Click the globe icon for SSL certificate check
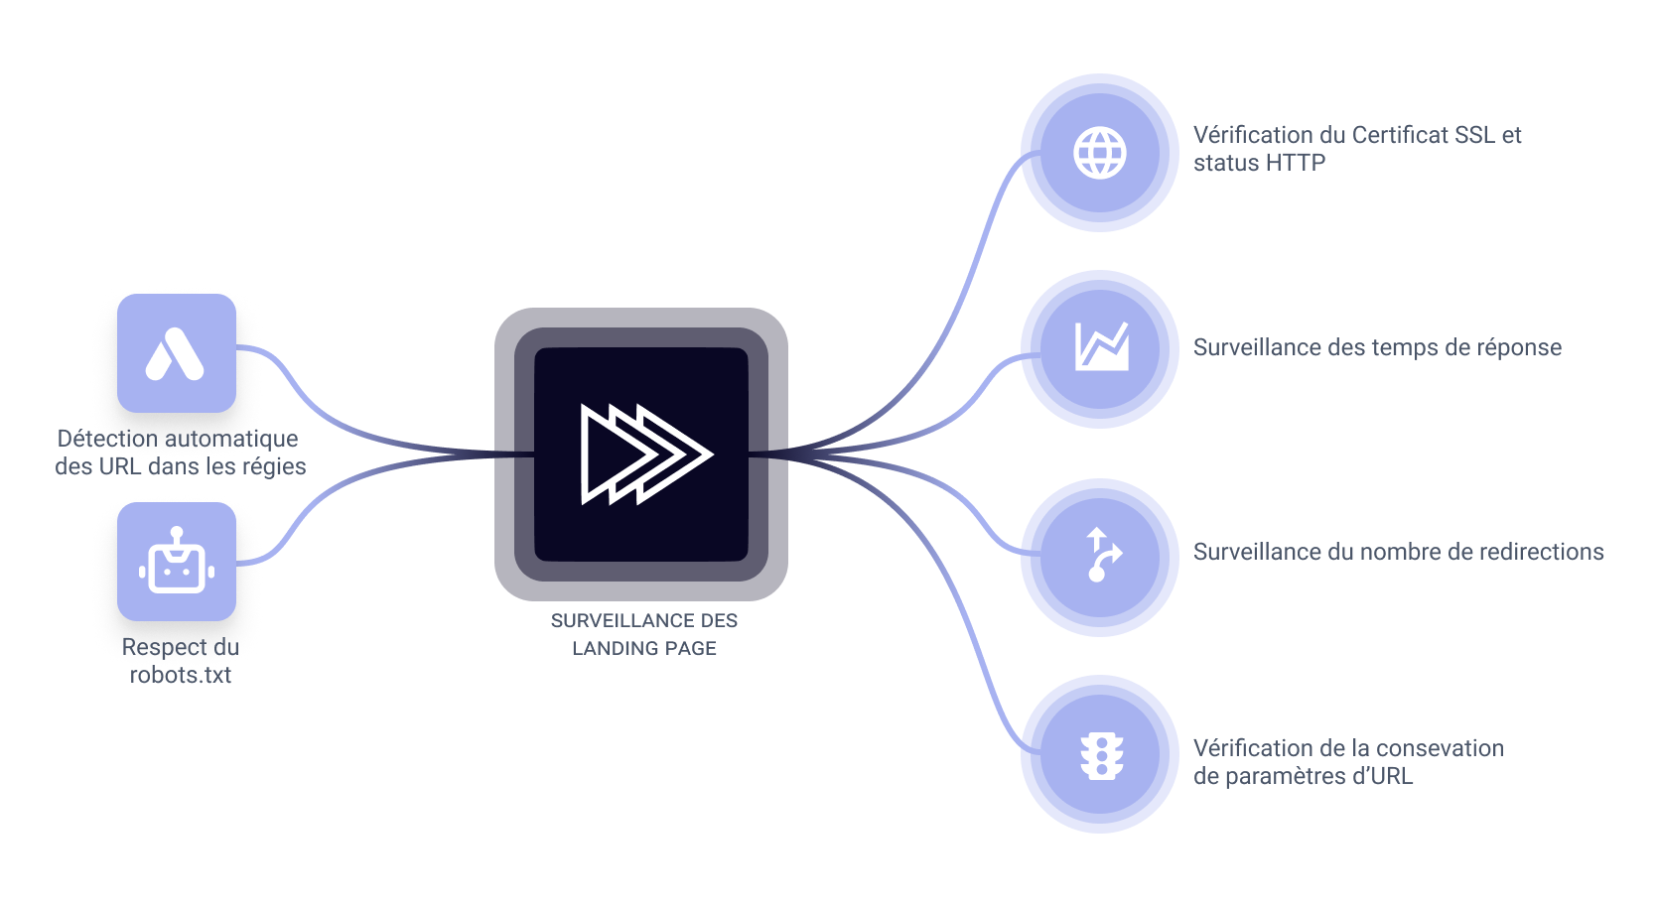pos(1100,153)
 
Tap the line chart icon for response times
pos(1100,348)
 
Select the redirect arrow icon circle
pos(1100,557)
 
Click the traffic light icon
pos(1100,755)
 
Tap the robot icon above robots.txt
pos(177,562)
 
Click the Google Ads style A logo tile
pos(177,353)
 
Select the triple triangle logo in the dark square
pos(644,453)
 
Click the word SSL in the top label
pos(1474,135)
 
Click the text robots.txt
pos(181,675)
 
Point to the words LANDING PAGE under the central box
pos(644,648)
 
